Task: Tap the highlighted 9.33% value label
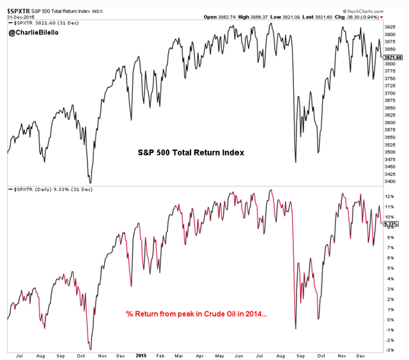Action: [x=391, y=224]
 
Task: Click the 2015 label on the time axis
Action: [x=141, y=354]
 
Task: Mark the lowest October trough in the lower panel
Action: [x=90, y=349]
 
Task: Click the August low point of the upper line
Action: [x=295, y=162]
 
